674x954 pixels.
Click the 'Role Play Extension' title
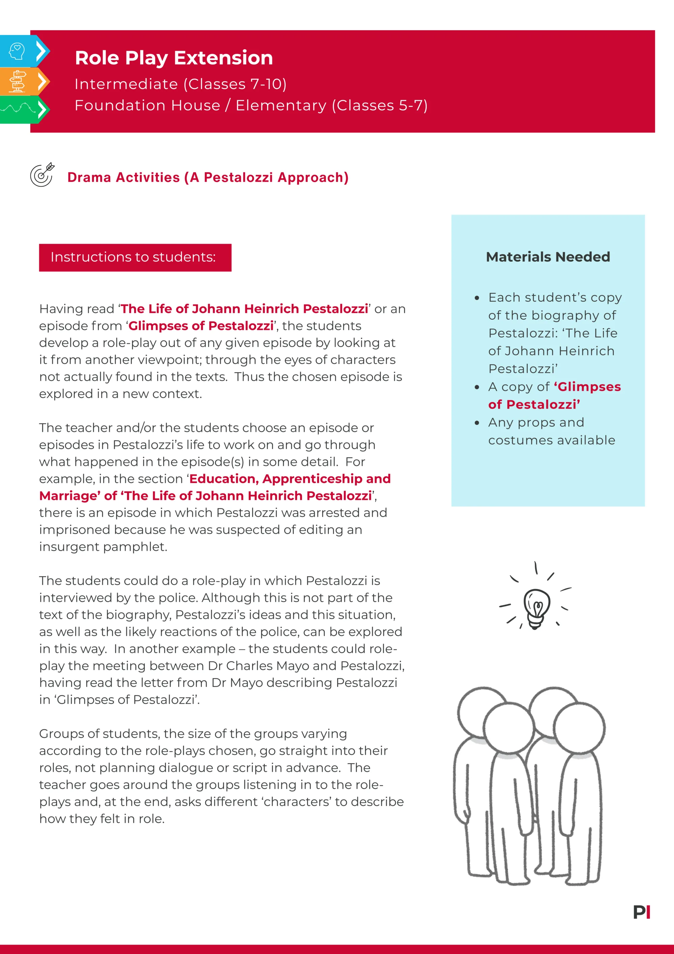point(174,58)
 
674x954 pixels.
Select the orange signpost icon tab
point(18,81)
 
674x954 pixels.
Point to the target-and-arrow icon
point(42,175)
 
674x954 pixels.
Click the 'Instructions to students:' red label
point(135,257)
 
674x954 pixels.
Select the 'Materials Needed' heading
point(548,257)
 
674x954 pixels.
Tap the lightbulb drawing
point(536,608)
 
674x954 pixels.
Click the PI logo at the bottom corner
point(641,912)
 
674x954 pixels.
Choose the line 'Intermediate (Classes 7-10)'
point(180,84)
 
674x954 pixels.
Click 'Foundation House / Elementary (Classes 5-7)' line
point(251,106)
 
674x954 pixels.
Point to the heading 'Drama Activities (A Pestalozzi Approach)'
point(208,177)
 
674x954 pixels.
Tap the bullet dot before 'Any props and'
point(477,423)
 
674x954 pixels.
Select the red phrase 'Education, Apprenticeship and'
point(290,479)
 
